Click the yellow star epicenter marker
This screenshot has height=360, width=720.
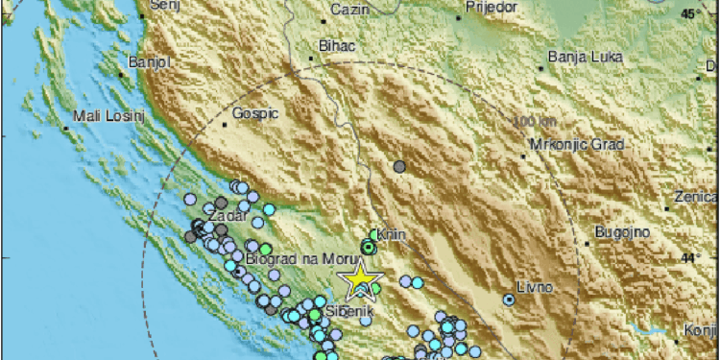click(360, 278)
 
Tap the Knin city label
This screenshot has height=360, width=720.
click(383, 233)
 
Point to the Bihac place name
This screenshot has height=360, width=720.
click(335, 45)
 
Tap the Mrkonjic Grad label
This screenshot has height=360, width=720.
click(577, 145)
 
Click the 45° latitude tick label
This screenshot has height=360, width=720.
click(689, 14)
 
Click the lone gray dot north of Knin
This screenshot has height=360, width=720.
click(399, 167)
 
